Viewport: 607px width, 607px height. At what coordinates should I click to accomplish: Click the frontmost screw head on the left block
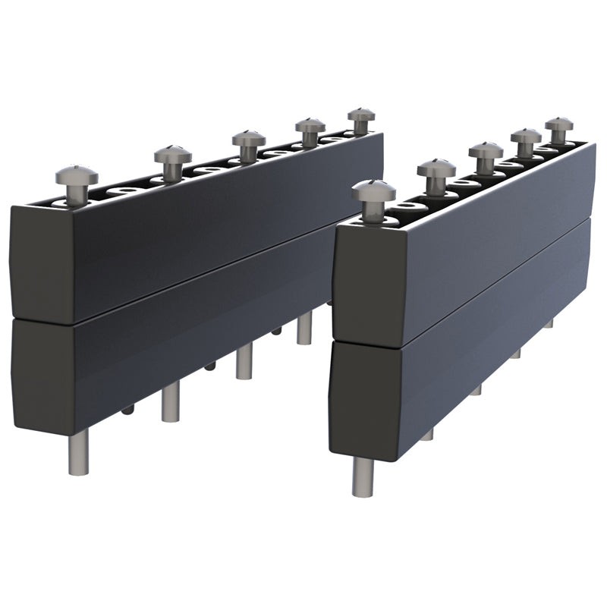[x=76, y=176]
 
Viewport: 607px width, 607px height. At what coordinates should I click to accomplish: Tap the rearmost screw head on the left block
[x=362, y=115]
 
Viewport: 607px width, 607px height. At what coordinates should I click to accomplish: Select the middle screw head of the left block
[x=248, y=140]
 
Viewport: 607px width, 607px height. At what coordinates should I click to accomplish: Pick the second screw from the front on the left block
[x=173, y=156]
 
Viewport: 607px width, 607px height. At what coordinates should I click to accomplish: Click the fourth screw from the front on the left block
[x=310, y=125]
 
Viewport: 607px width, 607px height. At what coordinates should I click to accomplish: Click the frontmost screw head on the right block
[x=373, y=191]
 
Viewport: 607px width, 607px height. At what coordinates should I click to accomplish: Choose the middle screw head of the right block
[x=486, y=150]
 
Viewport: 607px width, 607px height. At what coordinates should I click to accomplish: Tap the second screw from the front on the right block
[x=436, y=168]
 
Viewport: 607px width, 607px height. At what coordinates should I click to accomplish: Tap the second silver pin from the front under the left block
[x=171, y=401]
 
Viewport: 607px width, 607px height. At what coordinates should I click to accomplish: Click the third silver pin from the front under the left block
[x=244, y=361]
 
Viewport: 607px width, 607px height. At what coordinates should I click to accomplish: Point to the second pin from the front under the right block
[x=427, y=435]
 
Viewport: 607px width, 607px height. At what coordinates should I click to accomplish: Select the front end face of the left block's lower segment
[x=42, y=372]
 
